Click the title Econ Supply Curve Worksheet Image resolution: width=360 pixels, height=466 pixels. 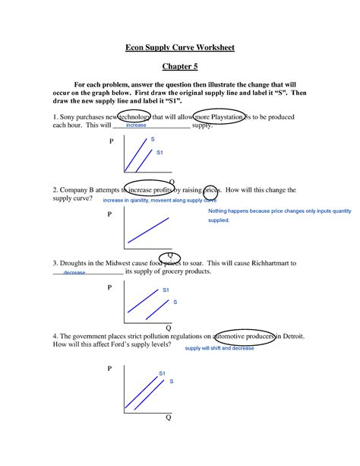(x=180, y=48)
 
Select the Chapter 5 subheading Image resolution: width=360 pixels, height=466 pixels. (x=180, y=66)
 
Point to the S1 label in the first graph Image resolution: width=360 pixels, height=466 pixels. (x=159, y=153)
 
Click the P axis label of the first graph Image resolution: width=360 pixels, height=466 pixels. (x=111, y=142)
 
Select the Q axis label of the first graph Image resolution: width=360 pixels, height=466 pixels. (x=171, y=182)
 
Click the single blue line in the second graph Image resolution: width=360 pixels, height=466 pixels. (x=149, y=230)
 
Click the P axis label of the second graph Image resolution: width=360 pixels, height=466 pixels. (x=110, y=215)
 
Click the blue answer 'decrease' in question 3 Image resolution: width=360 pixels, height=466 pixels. (x=74, y=272)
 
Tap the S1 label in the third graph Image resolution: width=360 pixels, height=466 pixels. (x=166, y=290)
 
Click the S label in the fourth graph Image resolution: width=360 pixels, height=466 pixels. (x=172, y=380)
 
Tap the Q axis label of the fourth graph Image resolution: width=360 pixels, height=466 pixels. (x=169, y=418)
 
